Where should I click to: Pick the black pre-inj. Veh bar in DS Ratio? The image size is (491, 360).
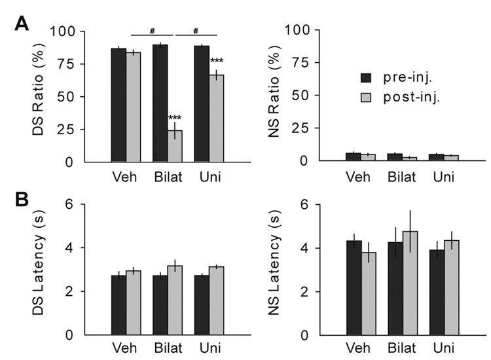(118, 105)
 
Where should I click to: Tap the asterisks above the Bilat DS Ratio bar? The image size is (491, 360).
(175, 119)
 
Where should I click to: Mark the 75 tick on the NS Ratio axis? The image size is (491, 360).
(302, 64)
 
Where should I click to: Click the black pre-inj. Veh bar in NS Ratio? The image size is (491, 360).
(354, 156)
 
